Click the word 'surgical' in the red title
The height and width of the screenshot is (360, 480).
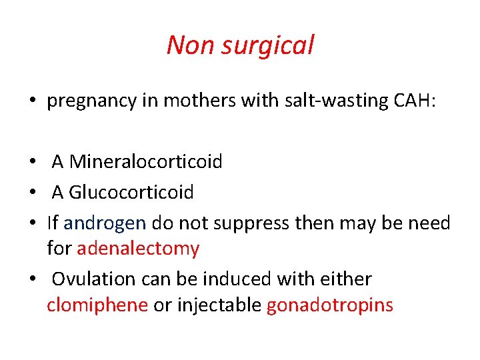[x=274, y=45]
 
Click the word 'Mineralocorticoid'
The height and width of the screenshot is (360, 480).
[x=146, y=161]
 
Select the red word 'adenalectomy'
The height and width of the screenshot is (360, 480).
[x=138, y=249]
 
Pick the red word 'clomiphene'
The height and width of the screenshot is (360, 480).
[x=97, y=305]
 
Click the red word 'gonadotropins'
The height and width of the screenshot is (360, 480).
[x=330, y=305]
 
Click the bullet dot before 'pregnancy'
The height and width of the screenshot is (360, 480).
[x=32, y=102]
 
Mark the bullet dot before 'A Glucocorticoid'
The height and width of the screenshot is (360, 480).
[x=32, y=193]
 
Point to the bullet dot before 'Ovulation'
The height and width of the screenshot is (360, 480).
[x=32, y=279]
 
